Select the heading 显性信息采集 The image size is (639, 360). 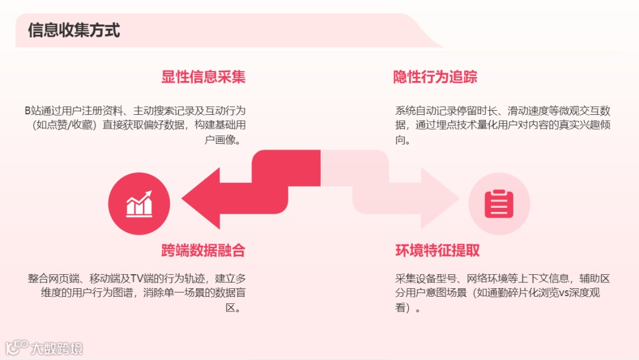(x=203, y=77)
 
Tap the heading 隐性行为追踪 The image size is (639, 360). (x=435, y=77)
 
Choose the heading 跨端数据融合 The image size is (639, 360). (x=203, y=250)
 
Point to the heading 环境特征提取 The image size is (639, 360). (x=437, y=250)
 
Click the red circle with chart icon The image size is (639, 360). (x=139, y=204)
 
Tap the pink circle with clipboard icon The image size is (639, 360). (x=499, y=204)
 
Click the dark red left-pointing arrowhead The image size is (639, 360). (x=201, y=198)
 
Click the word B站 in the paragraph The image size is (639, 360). (x=31, y=111)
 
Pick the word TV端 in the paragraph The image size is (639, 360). (x=141, y=278)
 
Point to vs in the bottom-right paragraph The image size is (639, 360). (x=564, y=293)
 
